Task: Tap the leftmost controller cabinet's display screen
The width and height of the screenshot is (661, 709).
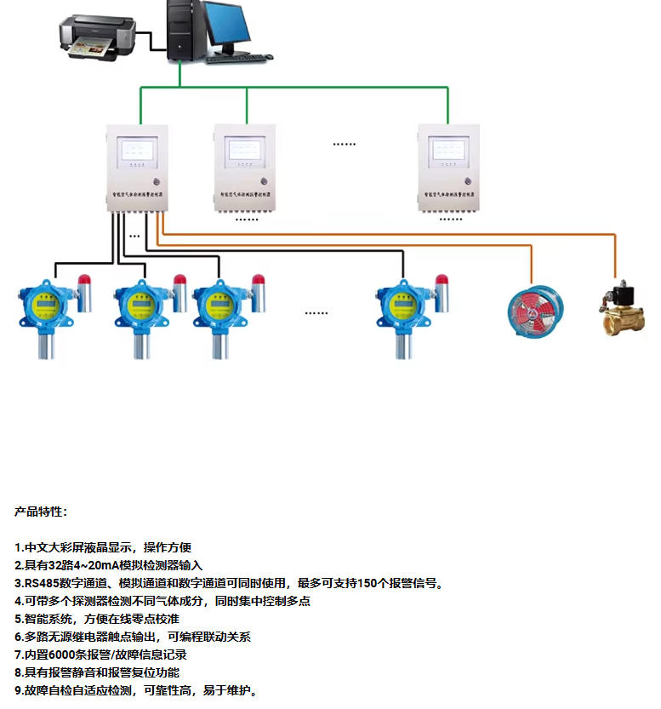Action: click(x=140, y=151)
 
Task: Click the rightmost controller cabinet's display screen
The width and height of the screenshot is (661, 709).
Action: click(x=450, y=151)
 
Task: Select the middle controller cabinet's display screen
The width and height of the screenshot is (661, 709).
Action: click(x=246, y=151)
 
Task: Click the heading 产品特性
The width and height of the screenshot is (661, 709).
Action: click(x=40, y=512)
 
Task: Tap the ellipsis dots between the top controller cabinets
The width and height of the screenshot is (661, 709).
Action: click(x=344, y=144)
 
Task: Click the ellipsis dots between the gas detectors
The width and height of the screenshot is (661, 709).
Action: click(x=316, y=312)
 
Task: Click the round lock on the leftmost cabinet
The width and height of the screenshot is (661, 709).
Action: click(x=157, y=182)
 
